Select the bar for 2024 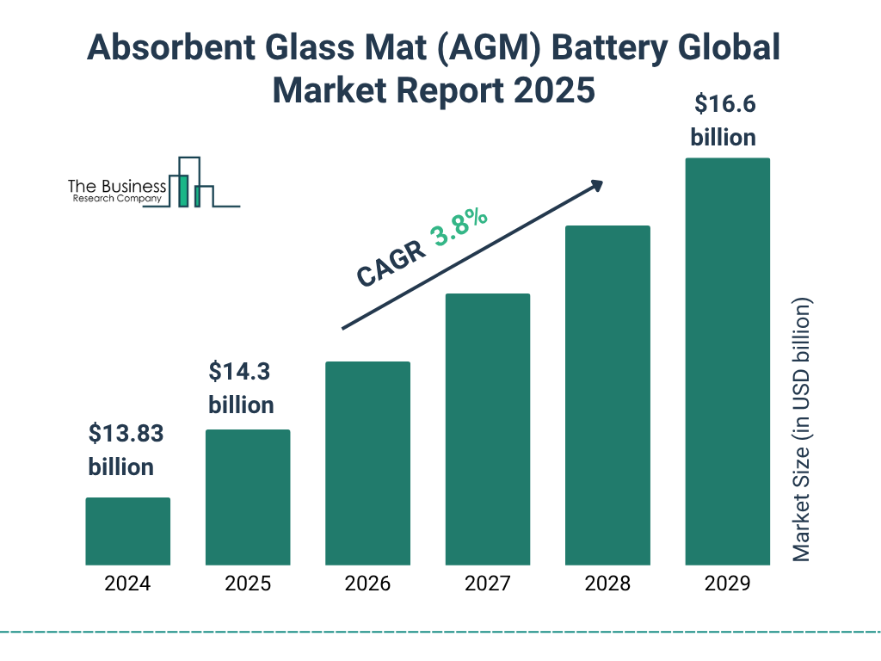[127, 531]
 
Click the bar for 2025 [248, 497]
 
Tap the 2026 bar [367, 463]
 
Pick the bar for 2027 [487, 429]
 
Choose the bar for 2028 [607, 395]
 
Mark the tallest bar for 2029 [727, 361]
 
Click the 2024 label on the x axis [127, 584]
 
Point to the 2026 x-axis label [367, 584]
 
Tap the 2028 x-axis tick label [607, 584]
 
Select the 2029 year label [727, 584]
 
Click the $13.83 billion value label [126, 450]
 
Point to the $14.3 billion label [242, 388]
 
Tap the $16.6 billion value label [724, 120]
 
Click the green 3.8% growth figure [459, 228]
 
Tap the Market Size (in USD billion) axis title [802, 430]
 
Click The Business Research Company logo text [116, 191]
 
